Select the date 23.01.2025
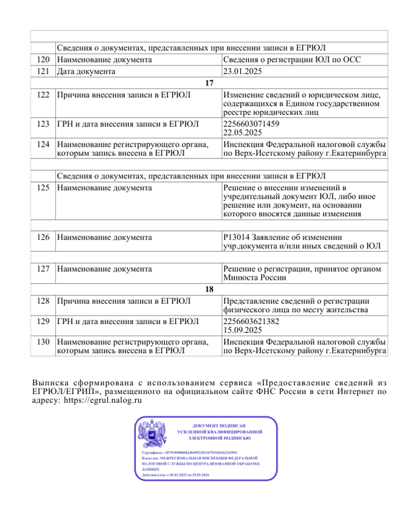point(242,71)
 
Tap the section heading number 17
point(208,83)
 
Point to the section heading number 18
point(208,289)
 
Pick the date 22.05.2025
point(242,133)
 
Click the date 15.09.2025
point(242,330)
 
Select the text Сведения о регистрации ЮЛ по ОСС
point(291,59)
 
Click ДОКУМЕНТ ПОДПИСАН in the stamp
point(219,425)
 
